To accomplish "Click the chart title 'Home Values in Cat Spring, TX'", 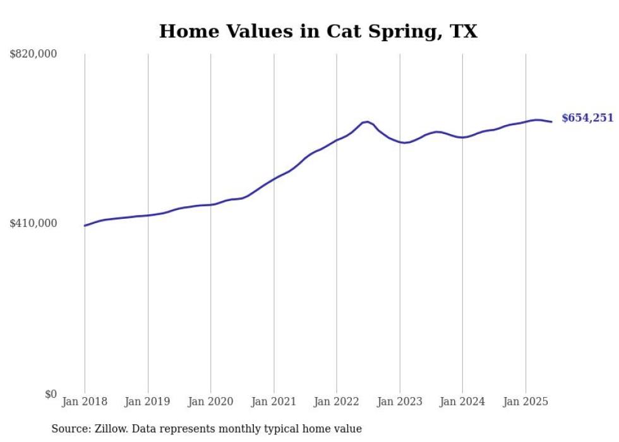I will pyautogui.click(x=318, y=31).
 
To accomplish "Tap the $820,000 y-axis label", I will pyautogui.click(x=33, y=54).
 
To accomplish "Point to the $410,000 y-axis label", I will pyautogui.click(x=33, y=223).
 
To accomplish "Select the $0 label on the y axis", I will pyautogui.click(x=51, y=394).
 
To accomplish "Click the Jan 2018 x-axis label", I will pyautogui.click(x=85, y=402).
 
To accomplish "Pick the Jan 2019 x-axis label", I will pyautogui.click(x=148, y=402).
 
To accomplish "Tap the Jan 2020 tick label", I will pyautogui.click(x=211, y=402).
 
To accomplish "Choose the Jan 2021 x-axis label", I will pyautogui.click(x=273, y=402).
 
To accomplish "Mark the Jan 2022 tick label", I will pyautogui.click(x=337, y=402).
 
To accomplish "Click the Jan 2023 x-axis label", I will pyautogui.click(x=399, y=402).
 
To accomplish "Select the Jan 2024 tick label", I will pyautogui.click(x=462, y=402).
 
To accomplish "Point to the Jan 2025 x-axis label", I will pyautogui.click(x=526, y=402).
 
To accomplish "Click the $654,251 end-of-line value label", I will pyautogui.click(x=587, y=118).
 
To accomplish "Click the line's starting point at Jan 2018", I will pyautogui.click(x=85, y=225).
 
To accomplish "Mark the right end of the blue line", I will pyautogui.click(x=551, y=121).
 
